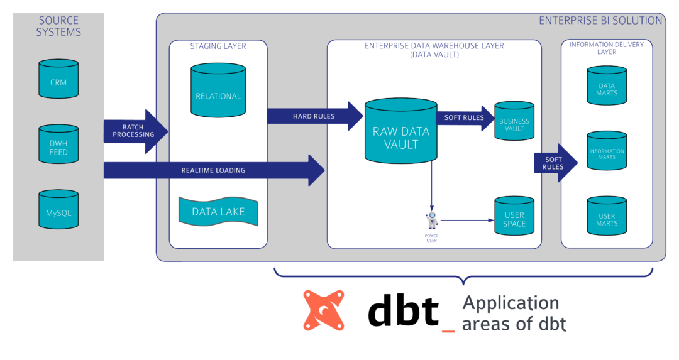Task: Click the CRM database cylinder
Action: [58, 79]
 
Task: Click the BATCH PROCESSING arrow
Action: [135, 131]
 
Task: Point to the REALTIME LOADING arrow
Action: [214, 170]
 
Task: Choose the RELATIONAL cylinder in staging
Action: [218, 91]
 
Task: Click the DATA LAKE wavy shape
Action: [218, 211]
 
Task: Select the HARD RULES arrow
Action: [314, 116]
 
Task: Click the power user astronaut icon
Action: [432, 221]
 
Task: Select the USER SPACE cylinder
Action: [514, 216]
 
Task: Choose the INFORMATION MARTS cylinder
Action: [607, 151]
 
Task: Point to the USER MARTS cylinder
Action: [607, 217]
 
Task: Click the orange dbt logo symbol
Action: [324, 310]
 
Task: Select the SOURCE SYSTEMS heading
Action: [58, 26]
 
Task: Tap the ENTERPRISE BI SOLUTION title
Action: [600, 21]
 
